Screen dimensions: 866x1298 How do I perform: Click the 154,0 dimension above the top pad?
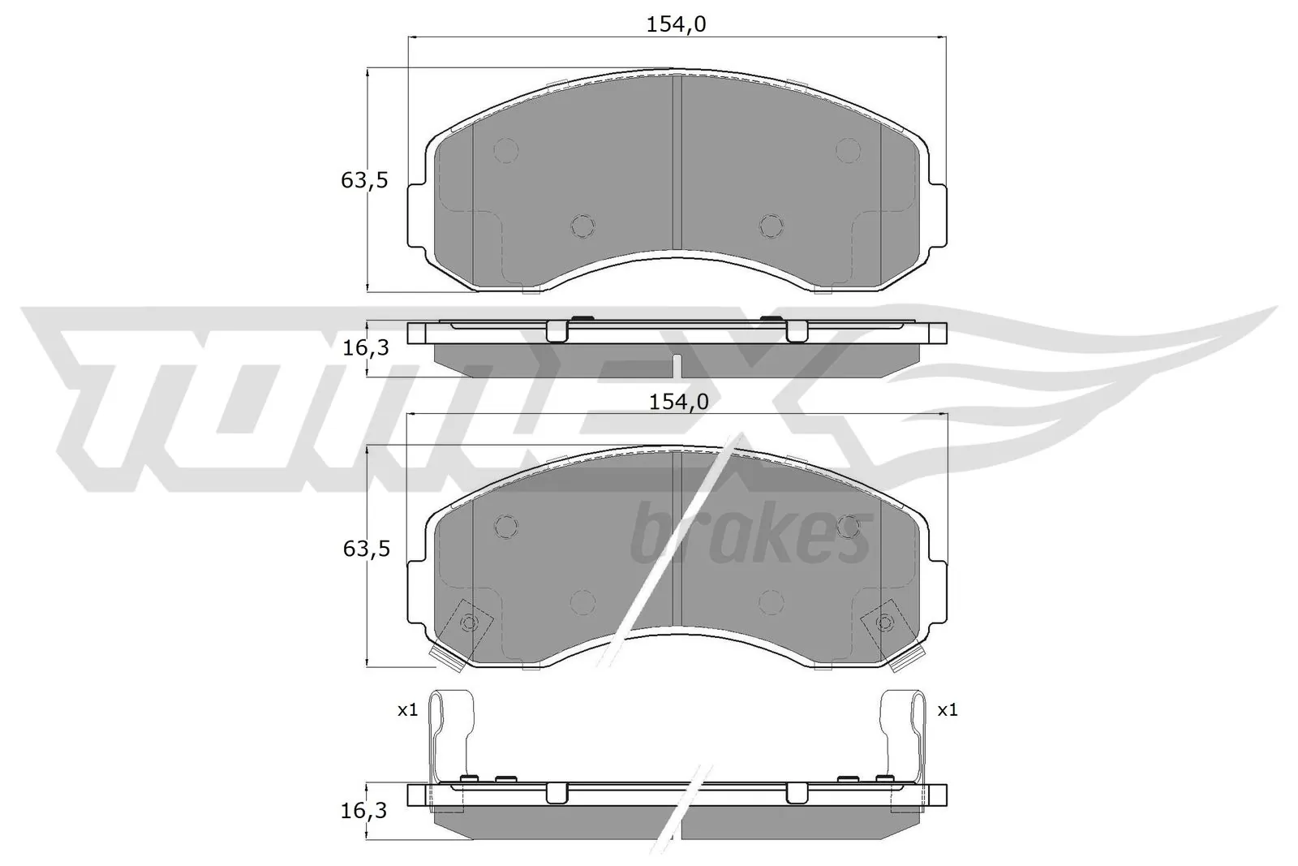(x=677, y=24)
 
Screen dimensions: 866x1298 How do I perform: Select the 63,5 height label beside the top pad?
(x=364, y=180)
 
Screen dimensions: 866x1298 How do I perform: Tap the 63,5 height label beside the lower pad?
(x=366, y=549)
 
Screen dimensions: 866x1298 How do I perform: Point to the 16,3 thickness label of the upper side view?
(x=366, y=348)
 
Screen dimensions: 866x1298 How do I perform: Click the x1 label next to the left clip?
(x=407, y=710)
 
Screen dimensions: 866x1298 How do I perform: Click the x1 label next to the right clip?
(x=948, y=710)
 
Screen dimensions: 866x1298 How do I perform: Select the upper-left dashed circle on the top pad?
(x=506, y=150)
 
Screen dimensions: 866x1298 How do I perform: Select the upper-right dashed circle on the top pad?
(x=848, y=150)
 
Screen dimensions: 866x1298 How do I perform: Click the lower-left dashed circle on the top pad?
(x=582, y=226)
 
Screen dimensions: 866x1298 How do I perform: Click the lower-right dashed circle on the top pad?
(x=771, y=226)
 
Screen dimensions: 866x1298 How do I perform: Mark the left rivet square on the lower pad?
(x=468, y=623)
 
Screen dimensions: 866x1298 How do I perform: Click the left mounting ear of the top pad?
(x=415, y=215)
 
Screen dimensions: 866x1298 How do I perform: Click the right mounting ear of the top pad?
(x=938, y=215)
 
